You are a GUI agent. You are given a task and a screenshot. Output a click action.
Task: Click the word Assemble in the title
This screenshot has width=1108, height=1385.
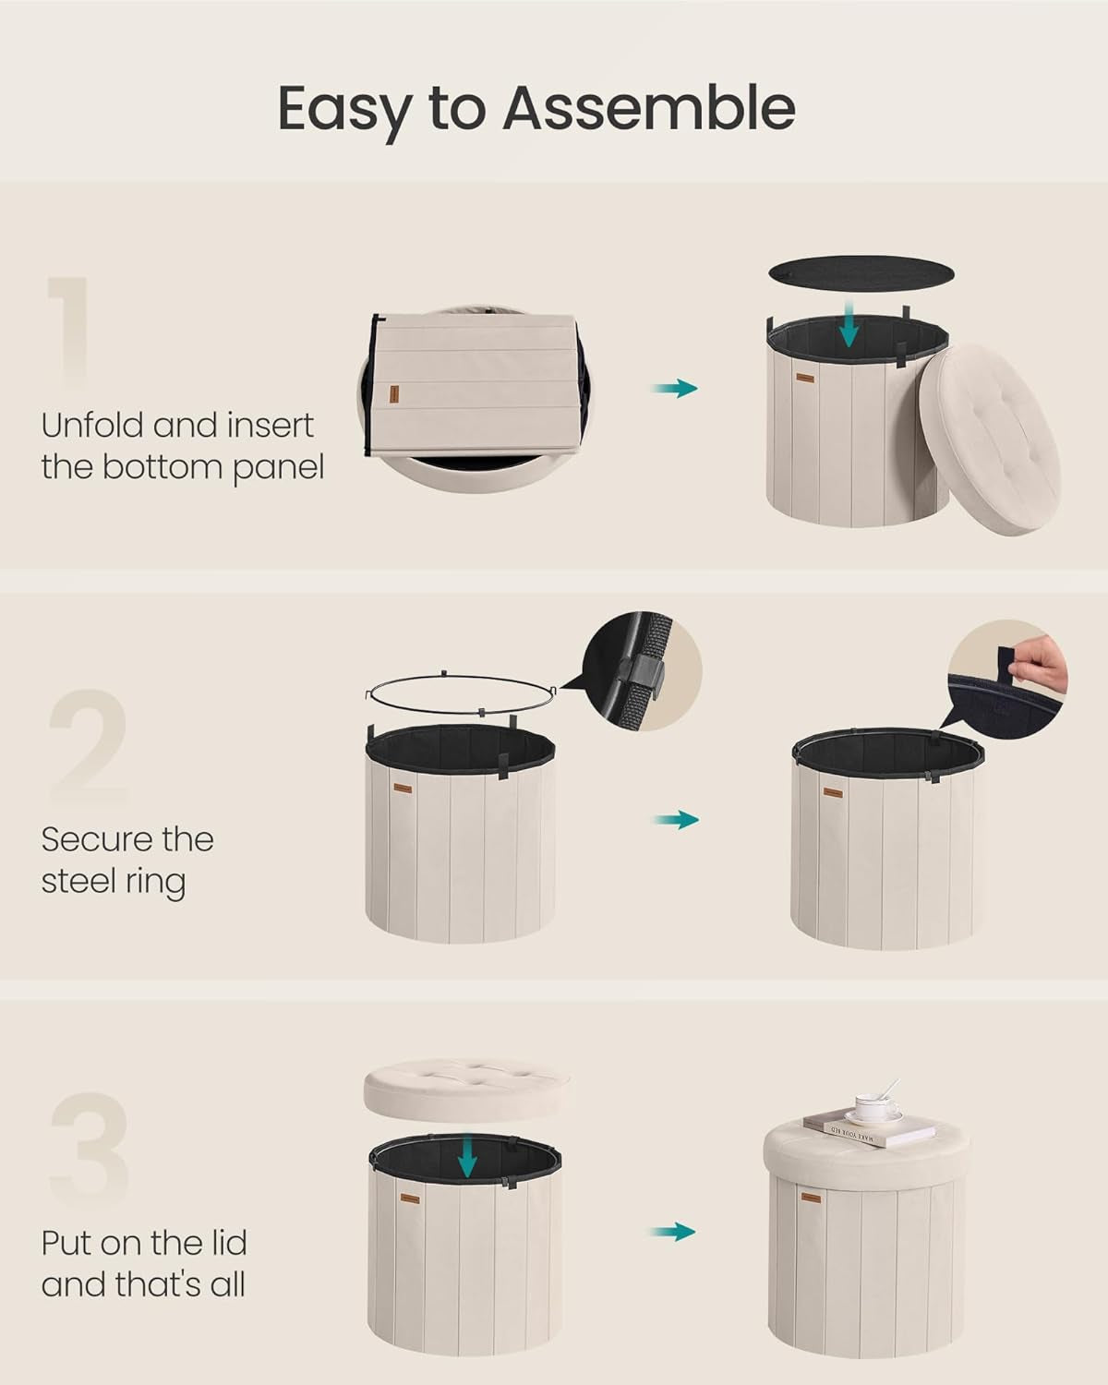coord(648,108)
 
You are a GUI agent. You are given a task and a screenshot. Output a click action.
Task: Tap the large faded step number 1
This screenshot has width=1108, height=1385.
coord(70,332)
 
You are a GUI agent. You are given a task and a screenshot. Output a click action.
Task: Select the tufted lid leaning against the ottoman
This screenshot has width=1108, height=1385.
coord(988,439)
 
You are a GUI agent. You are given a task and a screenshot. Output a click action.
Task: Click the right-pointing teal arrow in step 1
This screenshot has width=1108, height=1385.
coord(674,388)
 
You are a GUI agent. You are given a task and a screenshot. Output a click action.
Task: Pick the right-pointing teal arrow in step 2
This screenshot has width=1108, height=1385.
coord(676,820)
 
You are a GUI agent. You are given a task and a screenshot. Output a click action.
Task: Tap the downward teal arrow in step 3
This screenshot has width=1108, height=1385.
coord(468,1158)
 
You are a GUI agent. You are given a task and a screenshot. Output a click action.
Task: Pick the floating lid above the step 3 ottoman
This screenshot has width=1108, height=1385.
coord(466,1090)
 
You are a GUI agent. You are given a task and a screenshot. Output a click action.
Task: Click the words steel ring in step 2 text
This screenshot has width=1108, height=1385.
coord(113,881)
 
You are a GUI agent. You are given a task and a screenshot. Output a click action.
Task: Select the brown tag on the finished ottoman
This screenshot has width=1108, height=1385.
coord(810,1198)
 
